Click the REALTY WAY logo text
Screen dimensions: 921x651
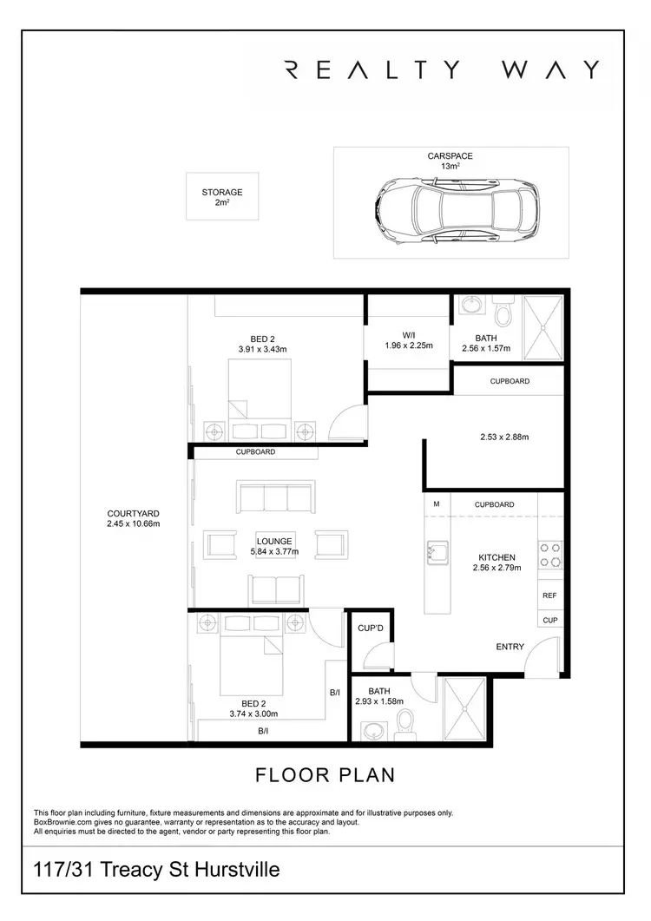pos(442,69)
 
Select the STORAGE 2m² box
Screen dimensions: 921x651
pos(222,197)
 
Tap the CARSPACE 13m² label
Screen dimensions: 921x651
pos(450,161)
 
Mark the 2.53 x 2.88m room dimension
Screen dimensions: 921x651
pos(503,437)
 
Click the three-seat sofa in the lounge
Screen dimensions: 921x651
pos(275,498)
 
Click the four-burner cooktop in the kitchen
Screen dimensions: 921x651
pos(550,555)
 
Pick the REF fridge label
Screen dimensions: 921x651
pos(549,596)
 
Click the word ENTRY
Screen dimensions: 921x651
pos(509,647)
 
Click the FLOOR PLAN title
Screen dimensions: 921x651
pos(325,773)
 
